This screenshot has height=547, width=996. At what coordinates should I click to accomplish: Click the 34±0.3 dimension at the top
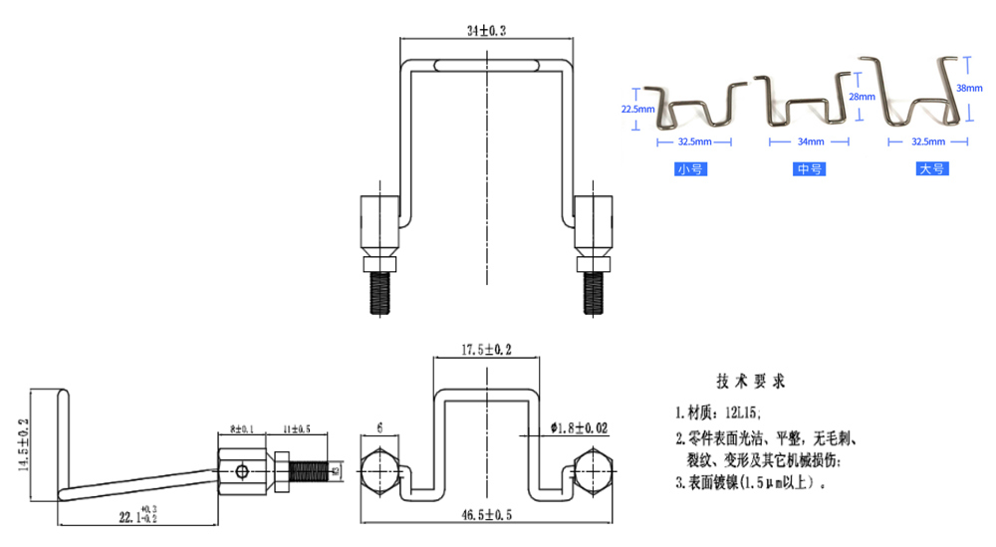coord(486,31)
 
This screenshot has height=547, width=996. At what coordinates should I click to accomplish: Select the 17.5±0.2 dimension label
coord(485,351)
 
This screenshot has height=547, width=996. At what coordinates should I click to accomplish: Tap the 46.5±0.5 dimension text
coord(485,515)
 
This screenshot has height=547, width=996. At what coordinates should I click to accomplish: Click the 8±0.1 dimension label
coord(240,428)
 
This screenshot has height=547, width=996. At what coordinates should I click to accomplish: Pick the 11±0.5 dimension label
coord(297,428)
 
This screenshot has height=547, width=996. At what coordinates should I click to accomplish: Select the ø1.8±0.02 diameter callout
coord(578,427)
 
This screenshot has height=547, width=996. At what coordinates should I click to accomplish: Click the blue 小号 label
coord(690,169)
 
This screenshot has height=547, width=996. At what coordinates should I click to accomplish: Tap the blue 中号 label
coord(809,169)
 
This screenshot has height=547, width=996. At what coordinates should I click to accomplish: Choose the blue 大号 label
coord(931,169)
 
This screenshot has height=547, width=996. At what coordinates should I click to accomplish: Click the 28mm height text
coord(862,97)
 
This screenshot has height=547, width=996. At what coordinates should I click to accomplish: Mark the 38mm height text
coord(969,88)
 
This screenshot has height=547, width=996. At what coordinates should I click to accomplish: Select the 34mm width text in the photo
coord(809,142)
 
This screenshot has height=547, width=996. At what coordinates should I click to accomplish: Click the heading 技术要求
coord(750,382)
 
